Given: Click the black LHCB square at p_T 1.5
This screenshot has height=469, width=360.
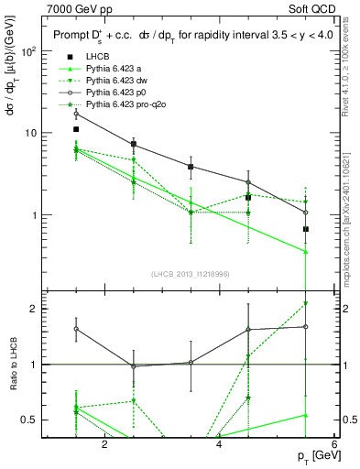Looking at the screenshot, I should (x=76, y=130).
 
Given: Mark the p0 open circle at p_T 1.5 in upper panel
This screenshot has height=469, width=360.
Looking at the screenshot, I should (x=76, y=114).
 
